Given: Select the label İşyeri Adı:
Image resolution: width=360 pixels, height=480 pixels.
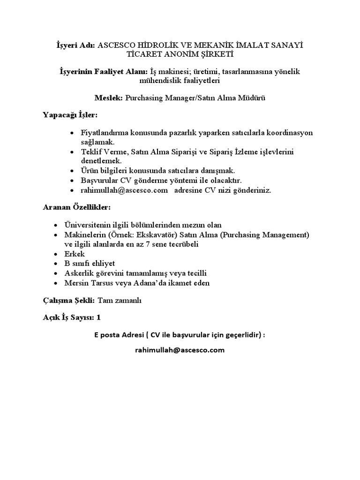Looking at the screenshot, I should [75, 45].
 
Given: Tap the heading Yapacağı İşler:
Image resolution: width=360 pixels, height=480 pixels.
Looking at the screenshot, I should [71, 115].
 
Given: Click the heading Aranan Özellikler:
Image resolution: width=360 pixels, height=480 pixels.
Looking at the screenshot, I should [77, 207].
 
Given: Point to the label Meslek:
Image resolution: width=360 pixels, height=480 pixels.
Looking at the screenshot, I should [109, 97].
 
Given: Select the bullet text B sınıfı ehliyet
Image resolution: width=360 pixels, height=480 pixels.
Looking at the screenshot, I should [90, 263].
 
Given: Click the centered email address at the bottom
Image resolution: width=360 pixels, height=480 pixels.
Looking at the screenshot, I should [180, 350].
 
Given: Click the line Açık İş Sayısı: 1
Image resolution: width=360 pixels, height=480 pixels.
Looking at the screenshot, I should [72, 317].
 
